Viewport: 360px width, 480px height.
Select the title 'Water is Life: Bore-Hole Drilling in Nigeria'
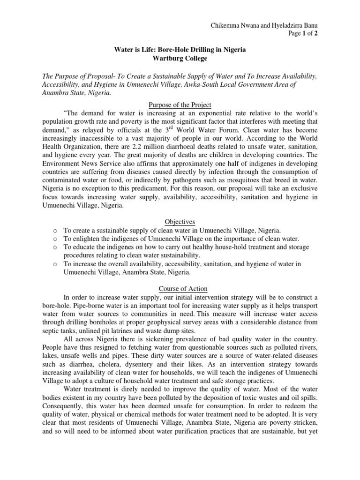click(180, 50)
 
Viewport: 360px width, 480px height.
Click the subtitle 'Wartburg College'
click(180, 58)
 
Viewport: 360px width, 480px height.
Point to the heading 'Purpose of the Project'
click(180, 105)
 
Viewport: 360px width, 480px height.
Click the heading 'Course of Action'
click(180, 289)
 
